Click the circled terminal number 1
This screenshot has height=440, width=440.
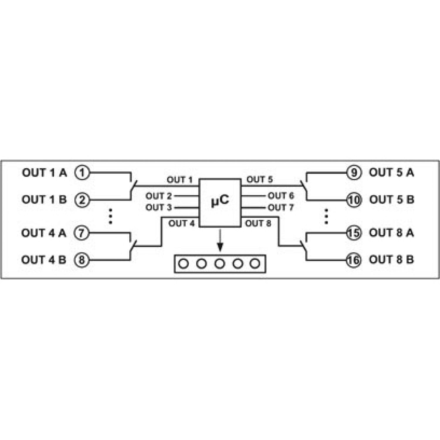(x=82, y=172)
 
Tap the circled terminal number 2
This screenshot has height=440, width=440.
(x=82, y=200)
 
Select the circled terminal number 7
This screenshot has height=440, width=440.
(x=82, y=233)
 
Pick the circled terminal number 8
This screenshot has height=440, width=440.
(x=82, y=260)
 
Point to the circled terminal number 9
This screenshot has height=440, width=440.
(x=354, y=172)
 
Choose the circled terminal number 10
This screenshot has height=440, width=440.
(x=354, y=200)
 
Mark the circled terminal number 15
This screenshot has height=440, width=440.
(x=354, y=233)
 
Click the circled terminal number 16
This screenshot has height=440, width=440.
(x=354, y=260)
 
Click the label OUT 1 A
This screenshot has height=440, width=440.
(x=45, y=172)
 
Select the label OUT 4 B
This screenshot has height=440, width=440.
(x=44, y=260)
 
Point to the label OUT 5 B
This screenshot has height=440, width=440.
(x=392, y=199)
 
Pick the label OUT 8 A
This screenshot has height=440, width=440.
(x=392, y=233)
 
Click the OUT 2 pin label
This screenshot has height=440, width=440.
(x=158, y=196)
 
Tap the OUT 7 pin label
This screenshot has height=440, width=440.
(x=281, y=207)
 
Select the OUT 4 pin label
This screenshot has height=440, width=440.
(x=182, y=224)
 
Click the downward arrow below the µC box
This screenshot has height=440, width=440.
(x=220, y=239)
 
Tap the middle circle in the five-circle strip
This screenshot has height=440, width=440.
(x=220, y=264)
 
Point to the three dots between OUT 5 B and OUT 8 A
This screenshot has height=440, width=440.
(x=326, y=216)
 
